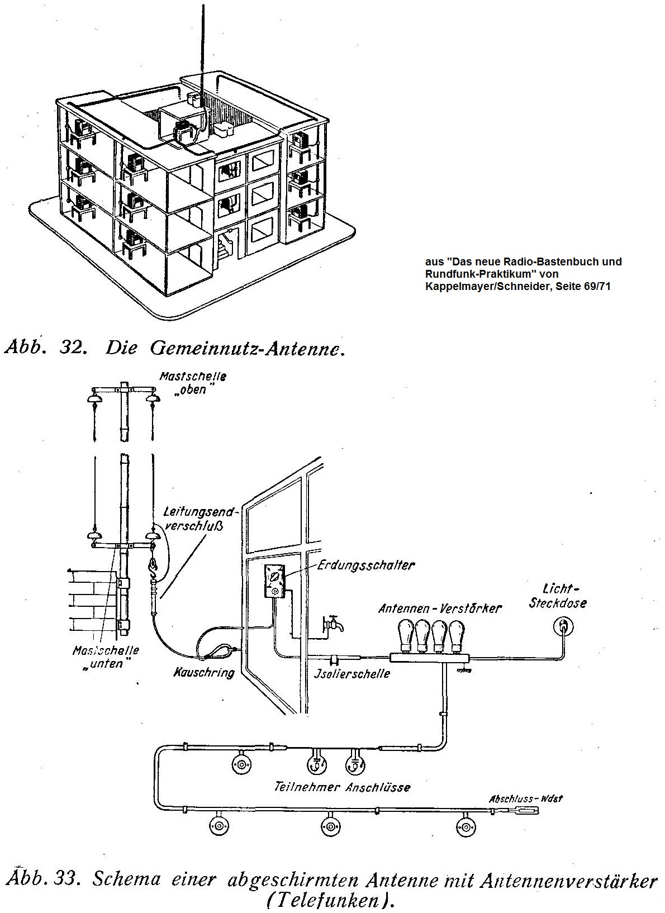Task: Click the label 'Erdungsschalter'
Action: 366,565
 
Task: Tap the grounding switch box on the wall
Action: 275,582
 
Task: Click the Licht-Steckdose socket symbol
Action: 562,624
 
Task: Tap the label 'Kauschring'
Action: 203,672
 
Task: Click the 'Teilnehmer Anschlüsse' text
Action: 342,787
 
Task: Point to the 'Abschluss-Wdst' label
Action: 525,798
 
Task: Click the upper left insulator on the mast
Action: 93,398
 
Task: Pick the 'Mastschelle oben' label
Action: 192,383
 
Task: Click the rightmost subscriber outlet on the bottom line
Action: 464,826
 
